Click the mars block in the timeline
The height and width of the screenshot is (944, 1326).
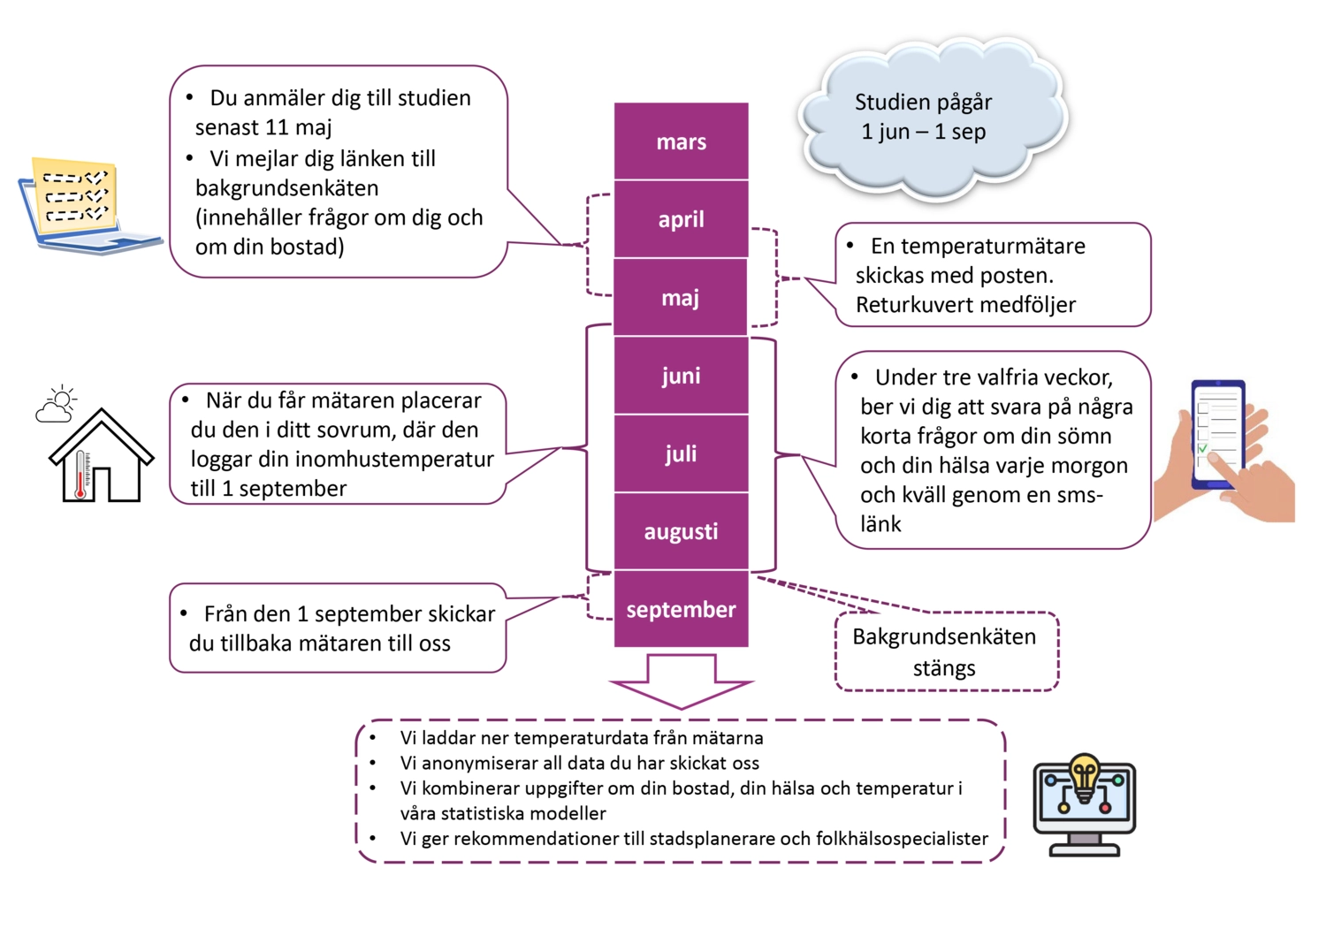[681, 141]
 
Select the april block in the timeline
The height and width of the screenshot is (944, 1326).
[681, 219]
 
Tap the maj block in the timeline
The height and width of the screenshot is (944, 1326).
[681, 298]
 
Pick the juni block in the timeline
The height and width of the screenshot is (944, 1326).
[681, 376]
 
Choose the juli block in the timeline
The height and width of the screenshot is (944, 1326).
[681, 453]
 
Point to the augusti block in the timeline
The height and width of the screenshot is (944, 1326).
[681, 531]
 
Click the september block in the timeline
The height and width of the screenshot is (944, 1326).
[681, 609]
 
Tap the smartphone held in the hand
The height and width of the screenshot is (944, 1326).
[1218, 434]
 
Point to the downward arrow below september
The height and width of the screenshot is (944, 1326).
[681, 681]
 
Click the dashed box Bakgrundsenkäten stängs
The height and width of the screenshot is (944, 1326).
[946, 652]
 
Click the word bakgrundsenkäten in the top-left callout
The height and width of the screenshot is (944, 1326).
[286, 188]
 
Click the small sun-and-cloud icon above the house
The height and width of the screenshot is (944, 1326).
[57, 404]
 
